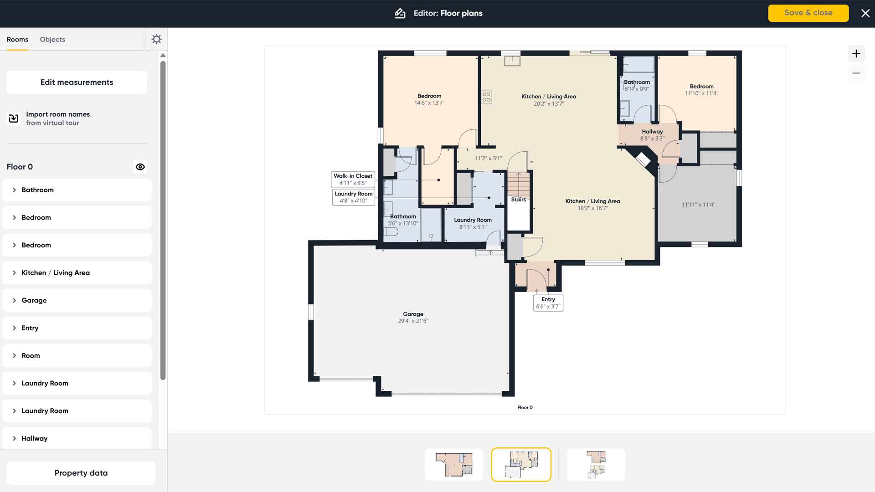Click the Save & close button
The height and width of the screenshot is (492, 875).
808,13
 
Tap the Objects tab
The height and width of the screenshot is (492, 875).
52,40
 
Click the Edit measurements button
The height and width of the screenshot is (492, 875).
77,82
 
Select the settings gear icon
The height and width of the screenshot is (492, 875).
156,39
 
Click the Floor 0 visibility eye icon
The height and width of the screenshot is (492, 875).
140,167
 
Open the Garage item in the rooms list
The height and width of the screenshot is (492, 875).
77,301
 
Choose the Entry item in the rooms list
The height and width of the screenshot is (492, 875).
77,328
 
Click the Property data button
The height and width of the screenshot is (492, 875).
81,473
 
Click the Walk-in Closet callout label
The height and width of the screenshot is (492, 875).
353,179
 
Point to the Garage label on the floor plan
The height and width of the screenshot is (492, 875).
413,314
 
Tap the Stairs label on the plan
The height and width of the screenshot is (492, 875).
518,200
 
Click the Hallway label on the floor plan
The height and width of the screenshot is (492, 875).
652,132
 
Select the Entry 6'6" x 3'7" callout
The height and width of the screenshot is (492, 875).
548,303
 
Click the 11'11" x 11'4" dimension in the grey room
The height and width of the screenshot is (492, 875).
698,205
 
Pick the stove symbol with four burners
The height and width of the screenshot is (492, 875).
487,97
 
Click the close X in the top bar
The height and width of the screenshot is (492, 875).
865,13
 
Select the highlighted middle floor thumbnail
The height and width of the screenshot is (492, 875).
521,465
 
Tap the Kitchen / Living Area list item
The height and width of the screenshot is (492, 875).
77,273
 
